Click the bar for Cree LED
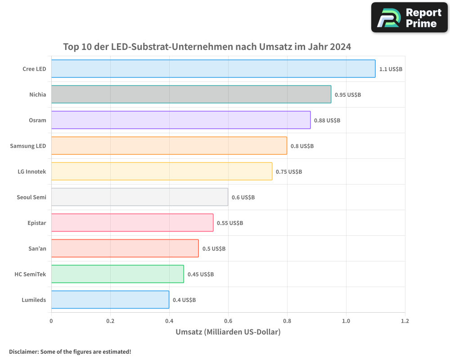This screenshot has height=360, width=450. (x=213, y=69)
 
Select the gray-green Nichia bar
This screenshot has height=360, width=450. (x=191, y=94)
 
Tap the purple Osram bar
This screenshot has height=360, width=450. (x=180, y=120)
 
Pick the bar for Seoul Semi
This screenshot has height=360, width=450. (x=139, y=197)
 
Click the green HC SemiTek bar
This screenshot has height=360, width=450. (x=117, y=274)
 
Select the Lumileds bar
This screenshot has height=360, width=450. (x=110, y=300)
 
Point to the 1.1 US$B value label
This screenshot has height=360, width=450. (x=391, y=69)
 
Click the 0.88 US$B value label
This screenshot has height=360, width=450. (x=327, y=121)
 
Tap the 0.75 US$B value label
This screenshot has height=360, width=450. (x=289, y=172)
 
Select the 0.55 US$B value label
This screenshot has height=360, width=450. (x=230, y=223)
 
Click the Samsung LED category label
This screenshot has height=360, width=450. (x=28, y=146)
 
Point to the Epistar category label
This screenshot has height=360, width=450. (x=37, y=223)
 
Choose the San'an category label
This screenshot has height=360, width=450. (x=37, y=248)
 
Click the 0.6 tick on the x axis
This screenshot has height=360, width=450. (x=228, y=321)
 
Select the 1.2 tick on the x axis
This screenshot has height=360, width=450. (x=405, y=321)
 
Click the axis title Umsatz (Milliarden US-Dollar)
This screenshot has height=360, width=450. (x=228, y=332)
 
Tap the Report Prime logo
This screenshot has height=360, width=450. (x=409, y=18)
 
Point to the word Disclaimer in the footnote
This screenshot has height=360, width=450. (x=23, y=351)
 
